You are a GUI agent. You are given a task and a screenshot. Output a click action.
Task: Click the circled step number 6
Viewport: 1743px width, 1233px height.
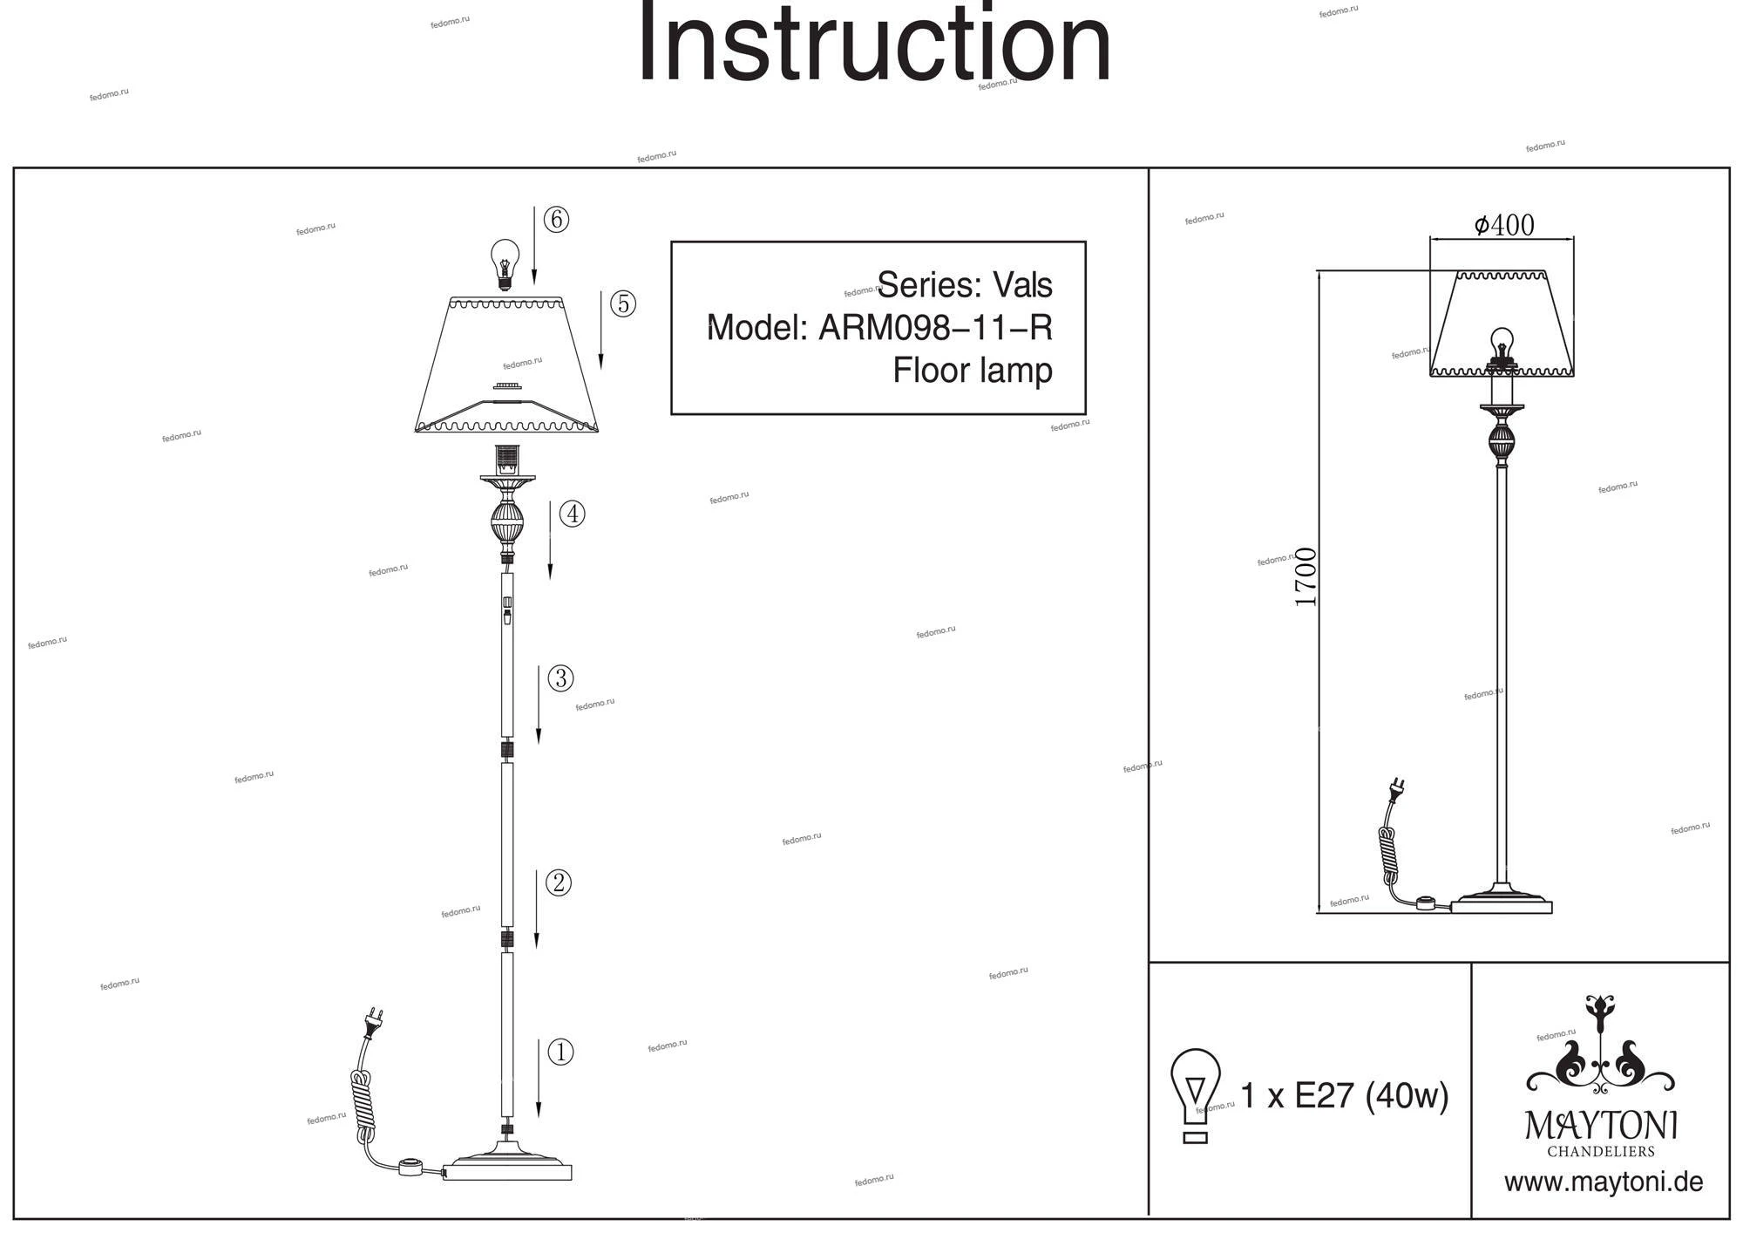pos(556,219)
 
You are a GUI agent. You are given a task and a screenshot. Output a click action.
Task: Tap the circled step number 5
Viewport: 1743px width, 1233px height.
pos(622,303)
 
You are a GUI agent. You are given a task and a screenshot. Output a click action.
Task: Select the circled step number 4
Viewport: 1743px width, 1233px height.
pos(572,514)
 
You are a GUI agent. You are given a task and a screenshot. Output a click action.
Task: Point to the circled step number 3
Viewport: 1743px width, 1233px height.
pos(560,678)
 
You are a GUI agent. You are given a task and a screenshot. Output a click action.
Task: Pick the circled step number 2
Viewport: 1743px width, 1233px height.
pos(558,882)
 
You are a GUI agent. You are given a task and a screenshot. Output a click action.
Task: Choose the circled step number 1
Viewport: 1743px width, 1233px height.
pos(560,1052)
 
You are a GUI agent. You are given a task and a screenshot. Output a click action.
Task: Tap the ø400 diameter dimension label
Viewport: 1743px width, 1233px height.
pos(1504,225)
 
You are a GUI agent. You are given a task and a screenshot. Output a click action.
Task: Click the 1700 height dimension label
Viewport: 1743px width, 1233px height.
pos(1306,577)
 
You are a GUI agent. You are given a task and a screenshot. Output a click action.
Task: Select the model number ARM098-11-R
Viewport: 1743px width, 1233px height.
pos(935,328)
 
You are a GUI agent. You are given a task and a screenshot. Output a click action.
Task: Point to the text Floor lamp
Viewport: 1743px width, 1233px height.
pos(972,370)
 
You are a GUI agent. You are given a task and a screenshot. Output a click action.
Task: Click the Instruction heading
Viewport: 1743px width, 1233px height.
pos(874,44)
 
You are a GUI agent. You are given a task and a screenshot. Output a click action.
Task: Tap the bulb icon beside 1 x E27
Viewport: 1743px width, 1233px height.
pos(1195,1094)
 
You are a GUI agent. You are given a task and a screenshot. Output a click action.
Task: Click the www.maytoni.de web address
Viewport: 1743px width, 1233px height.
pos(1603,1182)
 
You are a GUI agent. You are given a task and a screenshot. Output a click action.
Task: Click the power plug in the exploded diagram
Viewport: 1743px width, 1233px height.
pos(375,1023)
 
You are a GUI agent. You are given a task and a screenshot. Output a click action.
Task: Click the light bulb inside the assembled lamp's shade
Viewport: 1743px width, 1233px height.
pos(1502,344)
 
